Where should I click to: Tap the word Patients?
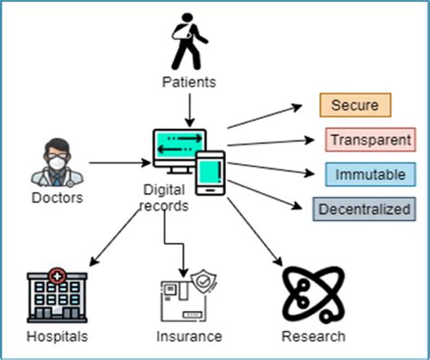(x=188, y=83)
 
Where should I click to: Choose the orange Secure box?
(x=355, y=104)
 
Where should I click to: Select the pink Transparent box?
(x=370, y=140)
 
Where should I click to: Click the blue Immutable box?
(x=370, y=173)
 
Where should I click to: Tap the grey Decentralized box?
(x=363, y=209)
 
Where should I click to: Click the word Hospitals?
(x=57, y=336)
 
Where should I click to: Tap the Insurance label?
(x=188, y=336)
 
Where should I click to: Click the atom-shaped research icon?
(x=311, y=295)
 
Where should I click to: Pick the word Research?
(x=313, y=336)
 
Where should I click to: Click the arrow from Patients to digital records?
(x=189, y=109)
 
